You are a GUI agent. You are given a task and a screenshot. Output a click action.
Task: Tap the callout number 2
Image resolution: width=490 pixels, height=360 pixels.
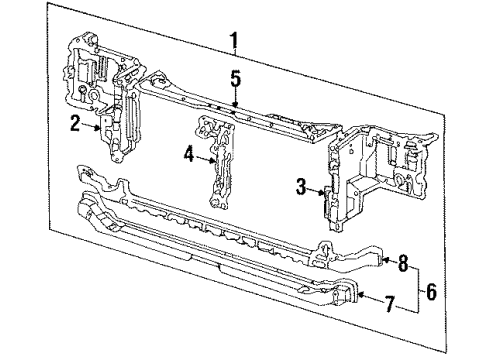pyautogui.click(x=74, y=124)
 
